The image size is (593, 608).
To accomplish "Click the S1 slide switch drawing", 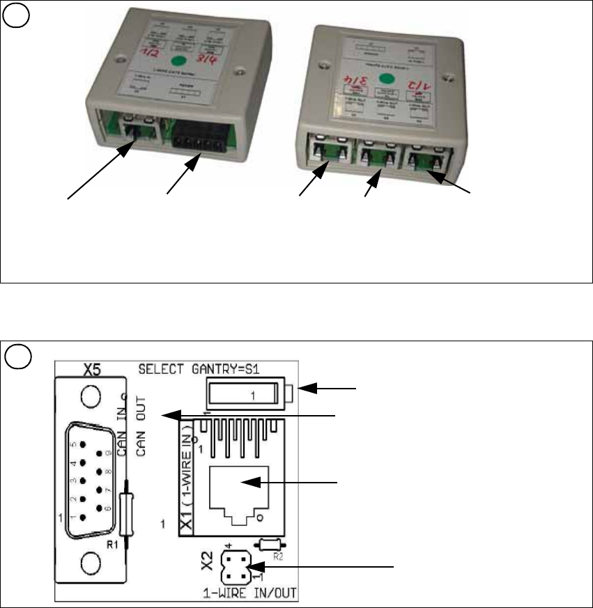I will click(x=249, y=393).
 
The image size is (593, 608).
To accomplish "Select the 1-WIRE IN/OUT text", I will click(x=247, y=593).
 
